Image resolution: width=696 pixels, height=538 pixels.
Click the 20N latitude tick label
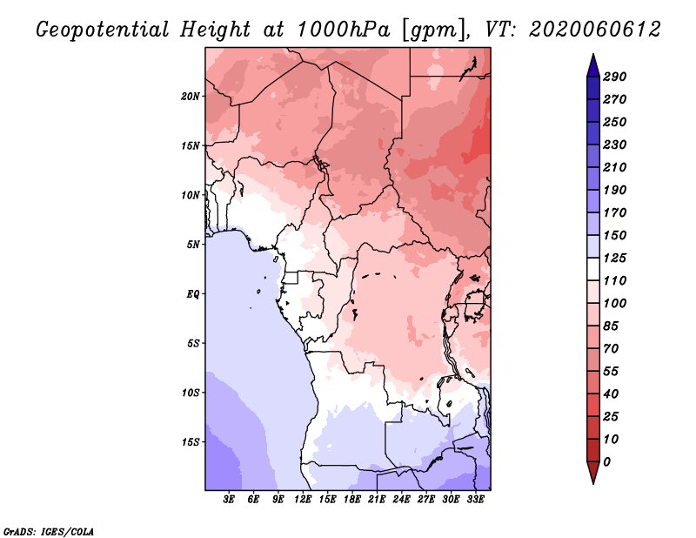coord(191,96)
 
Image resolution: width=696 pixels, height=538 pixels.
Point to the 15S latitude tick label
coord(191,441)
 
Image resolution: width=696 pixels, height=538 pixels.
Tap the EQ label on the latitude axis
coord(193,293)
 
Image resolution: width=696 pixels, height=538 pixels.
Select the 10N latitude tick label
coord(191,195)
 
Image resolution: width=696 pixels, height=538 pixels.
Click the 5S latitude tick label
coord(193,343)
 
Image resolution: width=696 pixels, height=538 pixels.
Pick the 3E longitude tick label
coord(230,500)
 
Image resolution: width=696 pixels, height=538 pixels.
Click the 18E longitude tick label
coord(352,500)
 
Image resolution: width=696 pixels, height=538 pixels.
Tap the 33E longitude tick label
coord(475,500)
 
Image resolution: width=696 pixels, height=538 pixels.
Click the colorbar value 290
coord(615,77)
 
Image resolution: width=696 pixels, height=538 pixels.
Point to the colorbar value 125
coord(615,258)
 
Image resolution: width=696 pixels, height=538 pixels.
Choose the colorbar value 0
coord(607,461)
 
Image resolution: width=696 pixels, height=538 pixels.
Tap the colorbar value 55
coord(612,371)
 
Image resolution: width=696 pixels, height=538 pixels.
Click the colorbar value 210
coord(615,167)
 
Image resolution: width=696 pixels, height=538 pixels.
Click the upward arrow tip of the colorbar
coord(592,56)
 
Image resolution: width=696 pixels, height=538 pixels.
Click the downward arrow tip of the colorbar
coord(592,481)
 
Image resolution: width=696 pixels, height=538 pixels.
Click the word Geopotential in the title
coord(101,30)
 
